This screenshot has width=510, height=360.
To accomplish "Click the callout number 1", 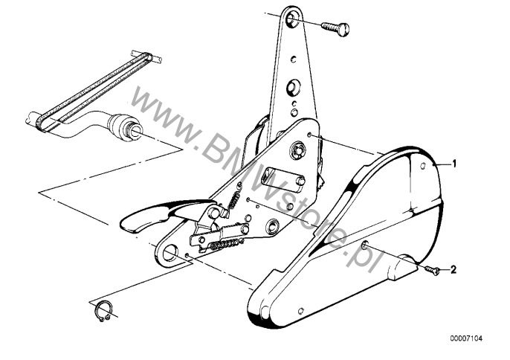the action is click(x=454, y=164).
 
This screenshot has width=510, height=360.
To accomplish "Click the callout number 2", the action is click(x=453, y=269).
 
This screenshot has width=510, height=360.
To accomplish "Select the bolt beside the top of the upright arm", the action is click(x=335, y=29).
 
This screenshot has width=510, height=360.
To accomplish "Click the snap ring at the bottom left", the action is click(x=104, y=311).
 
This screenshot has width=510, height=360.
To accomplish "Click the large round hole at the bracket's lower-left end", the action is click(x=170, y=252).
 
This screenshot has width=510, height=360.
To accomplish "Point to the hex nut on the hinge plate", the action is click(x=297, y=150).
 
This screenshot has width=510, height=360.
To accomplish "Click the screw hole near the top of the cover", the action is click(x=423, y=166).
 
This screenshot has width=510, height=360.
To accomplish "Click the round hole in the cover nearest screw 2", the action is click(x=365, y=245).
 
